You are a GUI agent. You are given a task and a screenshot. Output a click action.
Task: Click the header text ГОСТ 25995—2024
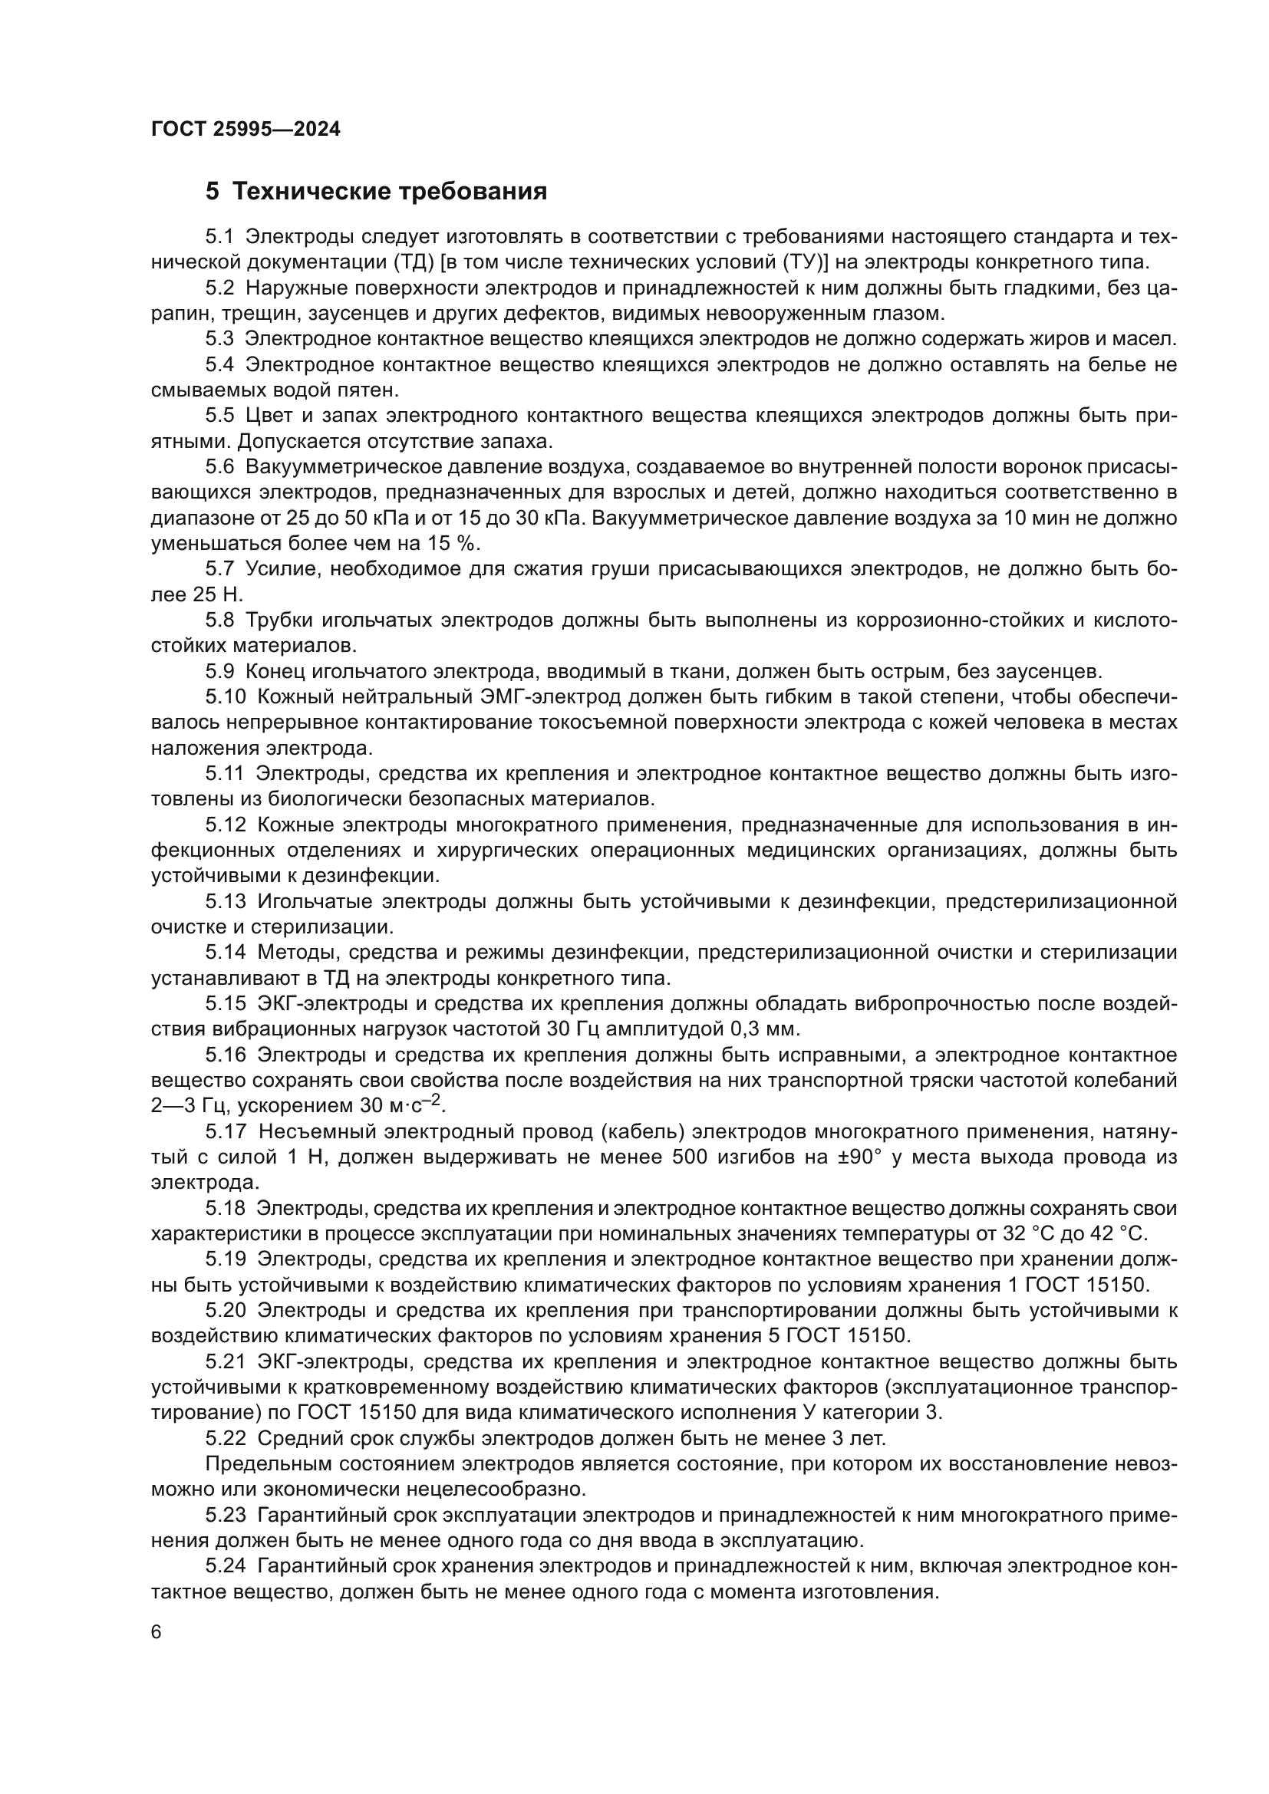(x=246, y=130)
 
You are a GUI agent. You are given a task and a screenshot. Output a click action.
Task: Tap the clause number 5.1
(x=219, y=237)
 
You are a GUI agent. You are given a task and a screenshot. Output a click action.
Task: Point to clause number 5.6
(x=219, y=467)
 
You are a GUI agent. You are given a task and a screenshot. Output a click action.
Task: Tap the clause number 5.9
(x=219, y=671)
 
